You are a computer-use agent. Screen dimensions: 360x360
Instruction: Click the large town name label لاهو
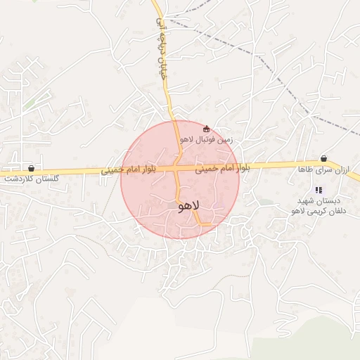click(190, 206)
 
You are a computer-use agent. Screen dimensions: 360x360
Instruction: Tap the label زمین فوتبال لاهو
click(205, 139)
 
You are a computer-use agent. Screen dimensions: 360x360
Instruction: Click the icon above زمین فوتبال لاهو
click(206, 129)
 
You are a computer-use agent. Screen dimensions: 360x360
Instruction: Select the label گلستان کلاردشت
click(32, 179)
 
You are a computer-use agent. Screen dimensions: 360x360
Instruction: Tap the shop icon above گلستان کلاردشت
click(31, 169)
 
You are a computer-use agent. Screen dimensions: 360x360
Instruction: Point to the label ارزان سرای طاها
click(324, 169)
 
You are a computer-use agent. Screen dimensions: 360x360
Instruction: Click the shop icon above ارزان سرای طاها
click(323, 159)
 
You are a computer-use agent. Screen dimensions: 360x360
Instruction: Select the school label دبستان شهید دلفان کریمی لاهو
click(319, 205)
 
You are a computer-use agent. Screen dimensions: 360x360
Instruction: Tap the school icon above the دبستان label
click(319, 190)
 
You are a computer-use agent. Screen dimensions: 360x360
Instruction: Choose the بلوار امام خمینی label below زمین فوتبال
click(221, 169)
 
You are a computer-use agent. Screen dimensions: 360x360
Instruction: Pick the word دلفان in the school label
click(330, 210)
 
